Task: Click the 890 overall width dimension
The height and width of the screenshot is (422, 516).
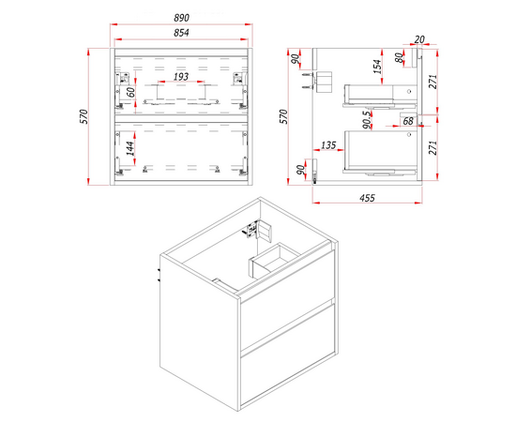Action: pyautogui.click(x=181, y=18)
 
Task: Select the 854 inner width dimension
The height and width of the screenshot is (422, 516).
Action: pyautogui.click(x=181, y=33)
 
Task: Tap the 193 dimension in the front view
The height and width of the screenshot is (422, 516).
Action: pyautogui.click(x=181, y=77)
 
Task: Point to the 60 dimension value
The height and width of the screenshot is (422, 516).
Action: pyautogui.click(x=131, y=93)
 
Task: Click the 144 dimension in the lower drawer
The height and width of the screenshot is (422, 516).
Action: pyautogui.click(x=130, y=149)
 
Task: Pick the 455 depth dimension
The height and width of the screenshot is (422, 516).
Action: pyautogui.click(x=367, y=198)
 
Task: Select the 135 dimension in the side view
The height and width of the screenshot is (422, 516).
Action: pyautogui.click(x=328, y=145)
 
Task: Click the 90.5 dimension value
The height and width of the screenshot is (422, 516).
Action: pyautogui.click(x=367, y=120)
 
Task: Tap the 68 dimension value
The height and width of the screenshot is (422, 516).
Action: pyautogui.click(x=408, y=121)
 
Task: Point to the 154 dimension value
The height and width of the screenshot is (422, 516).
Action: pyautogui.click(x=378, y=67)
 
